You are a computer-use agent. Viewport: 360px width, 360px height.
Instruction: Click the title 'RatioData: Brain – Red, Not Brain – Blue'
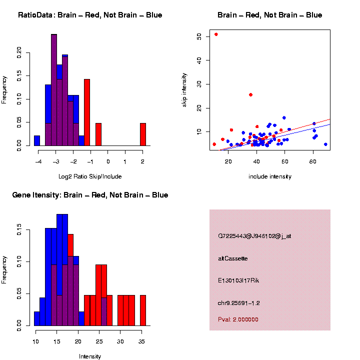pos(90,15)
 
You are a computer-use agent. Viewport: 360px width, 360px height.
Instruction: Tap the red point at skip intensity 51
pos(216,34)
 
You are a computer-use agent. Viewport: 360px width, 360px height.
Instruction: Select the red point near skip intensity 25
pos(250,94)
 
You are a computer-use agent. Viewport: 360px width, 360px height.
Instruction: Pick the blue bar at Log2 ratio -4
pos(37,140)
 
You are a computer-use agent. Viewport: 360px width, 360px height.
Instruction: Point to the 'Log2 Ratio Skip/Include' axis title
pos(90,176)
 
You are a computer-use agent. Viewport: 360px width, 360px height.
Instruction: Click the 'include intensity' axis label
pos(270,176)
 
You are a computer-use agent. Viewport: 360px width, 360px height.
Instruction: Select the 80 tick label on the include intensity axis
pos(313,162)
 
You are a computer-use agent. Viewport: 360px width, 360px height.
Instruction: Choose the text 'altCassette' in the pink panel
pos(233,258)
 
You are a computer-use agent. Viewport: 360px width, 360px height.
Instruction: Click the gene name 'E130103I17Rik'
pos(238,280)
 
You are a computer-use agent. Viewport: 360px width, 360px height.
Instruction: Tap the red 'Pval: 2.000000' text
pos(238,319)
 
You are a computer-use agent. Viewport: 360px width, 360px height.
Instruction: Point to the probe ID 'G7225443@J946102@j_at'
pos(254,236)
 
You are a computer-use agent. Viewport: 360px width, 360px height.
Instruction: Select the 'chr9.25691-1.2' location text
pos(239,303)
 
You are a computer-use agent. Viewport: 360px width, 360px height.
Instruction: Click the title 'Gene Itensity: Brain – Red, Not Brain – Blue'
pos(90,195)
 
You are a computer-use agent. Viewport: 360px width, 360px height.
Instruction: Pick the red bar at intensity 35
pos(143,310)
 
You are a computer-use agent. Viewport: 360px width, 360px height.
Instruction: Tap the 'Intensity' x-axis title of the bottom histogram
pos(90,356)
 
